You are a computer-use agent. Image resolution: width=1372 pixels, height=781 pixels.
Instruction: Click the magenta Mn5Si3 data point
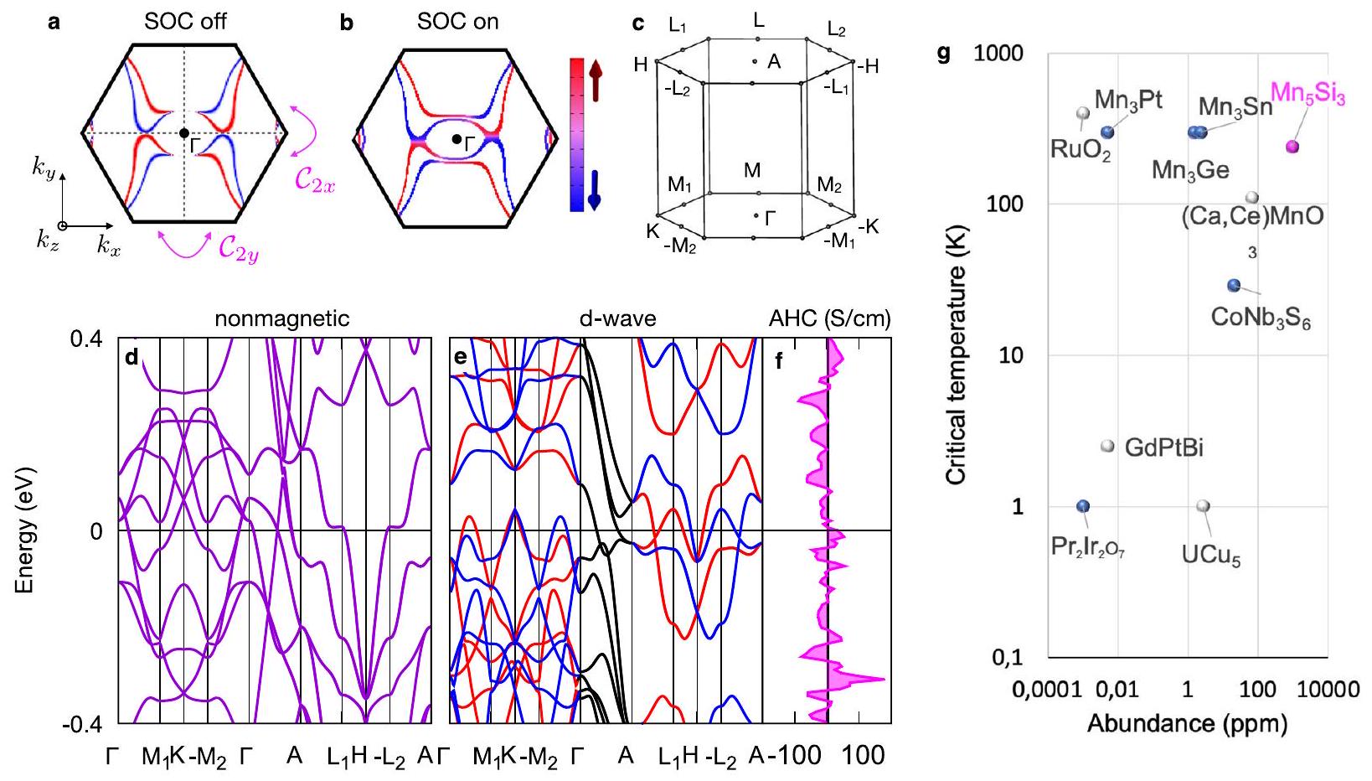(1292, 147)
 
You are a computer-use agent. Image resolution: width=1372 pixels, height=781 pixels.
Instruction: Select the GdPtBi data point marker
(1107, 447)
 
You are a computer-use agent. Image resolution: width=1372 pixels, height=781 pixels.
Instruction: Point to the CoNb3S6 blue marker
(1234, 286)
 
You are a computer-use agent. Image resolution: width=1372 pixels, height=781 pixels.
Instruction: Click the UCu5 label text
(1211, 556)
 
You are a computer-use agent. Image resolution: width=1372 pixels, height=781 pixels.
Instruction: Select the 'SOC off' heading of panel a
(185, 22)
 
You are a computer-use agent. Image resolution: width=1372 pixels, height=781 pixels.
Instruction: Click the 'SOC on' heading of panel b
(457, 22)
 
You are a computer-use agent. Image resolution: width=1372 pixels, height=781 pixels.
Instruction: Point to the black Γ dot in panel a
(183, 133)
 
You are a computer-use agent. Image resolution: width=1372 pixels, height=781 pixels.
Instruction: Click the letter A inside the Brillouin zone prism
(774, 61)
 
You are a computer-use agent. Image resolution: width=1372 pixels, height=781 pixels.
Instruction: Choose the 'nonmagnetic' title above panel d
(282, 318)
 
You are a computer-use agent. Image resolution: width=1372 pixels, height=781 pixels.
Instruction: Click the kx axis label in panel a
(109, 246)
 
